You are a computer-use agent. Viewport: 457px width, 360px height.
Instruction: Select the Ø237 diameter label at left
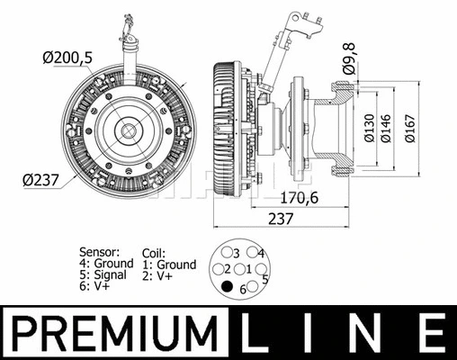40,179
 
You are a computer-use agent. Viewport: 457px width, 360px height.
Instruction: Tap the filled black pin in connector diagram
228,288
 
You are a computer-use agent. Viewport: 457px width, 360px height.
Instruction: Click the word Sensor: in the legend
99,252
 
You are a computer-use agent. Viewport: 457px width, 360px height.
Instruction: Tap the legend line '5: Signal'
107,275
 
